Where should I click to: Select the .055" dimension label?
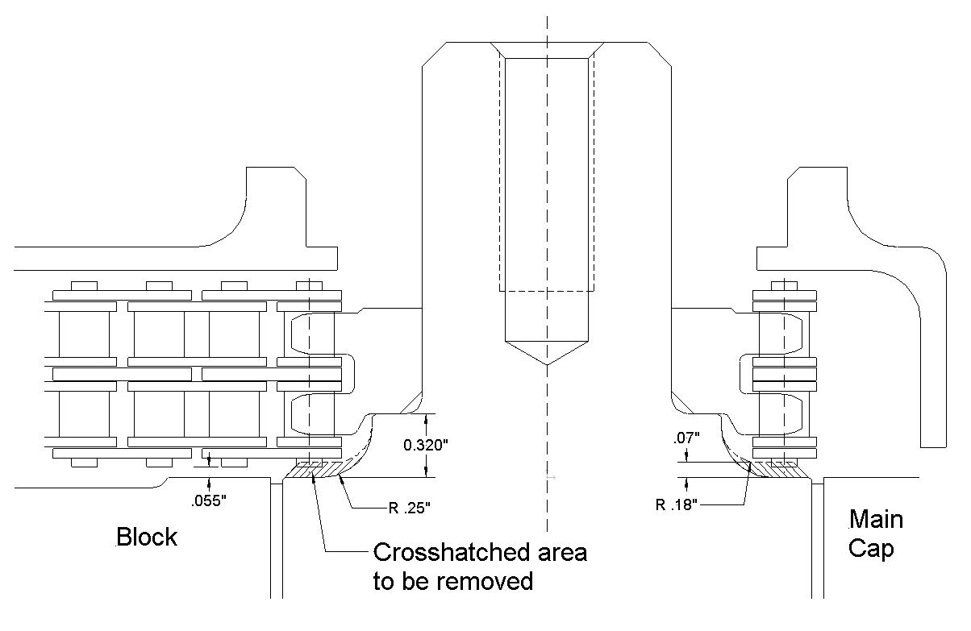click(209, 500)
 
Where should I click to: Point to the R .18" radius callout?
click(678, 505)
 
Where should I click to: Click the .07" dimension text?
click(686, 438)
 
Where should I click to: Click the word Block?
click(147, 537)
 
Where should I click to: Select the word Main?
click(876, 519)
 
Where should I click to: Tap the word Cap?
click(871, 549)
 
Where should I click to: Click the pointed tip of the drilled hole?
click(547, 364)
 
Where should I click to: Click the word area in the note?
click(560, 553)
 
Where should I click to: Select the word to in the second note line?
click(383, 580)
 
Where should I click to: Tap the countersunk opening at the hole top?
click(547, 49)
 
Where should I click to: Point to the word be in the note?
click(418, 580)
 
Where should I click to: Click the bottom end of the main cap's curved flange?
click(933, 445)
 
